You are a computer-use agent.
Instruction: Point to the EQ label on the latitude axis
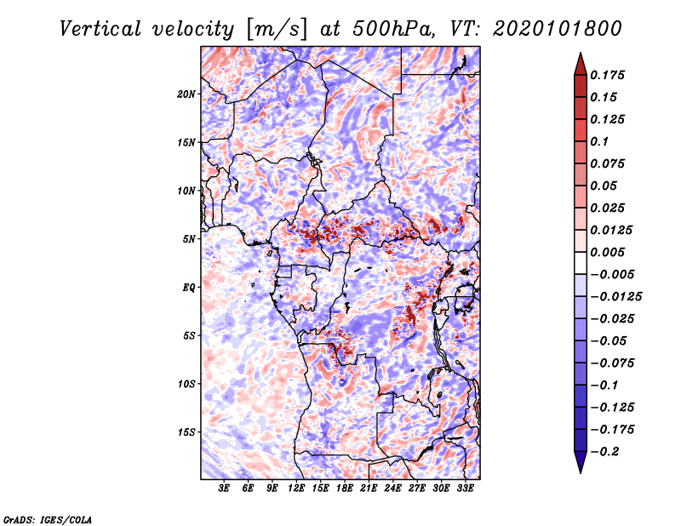[189, 288]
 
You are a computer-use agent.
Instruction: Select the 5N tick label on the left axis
[190, 239]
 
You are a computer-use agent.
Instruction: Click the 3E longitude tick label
[225, 489]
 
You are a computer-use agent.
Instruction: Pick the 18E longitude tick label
[345, 489]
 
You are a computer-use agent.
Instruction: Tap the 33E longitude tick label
[465, 489]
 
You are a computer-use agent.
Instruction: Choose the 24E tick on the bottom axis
[393, 489]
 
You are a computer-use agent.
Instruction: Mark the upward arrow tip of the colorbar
[580, 55]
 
